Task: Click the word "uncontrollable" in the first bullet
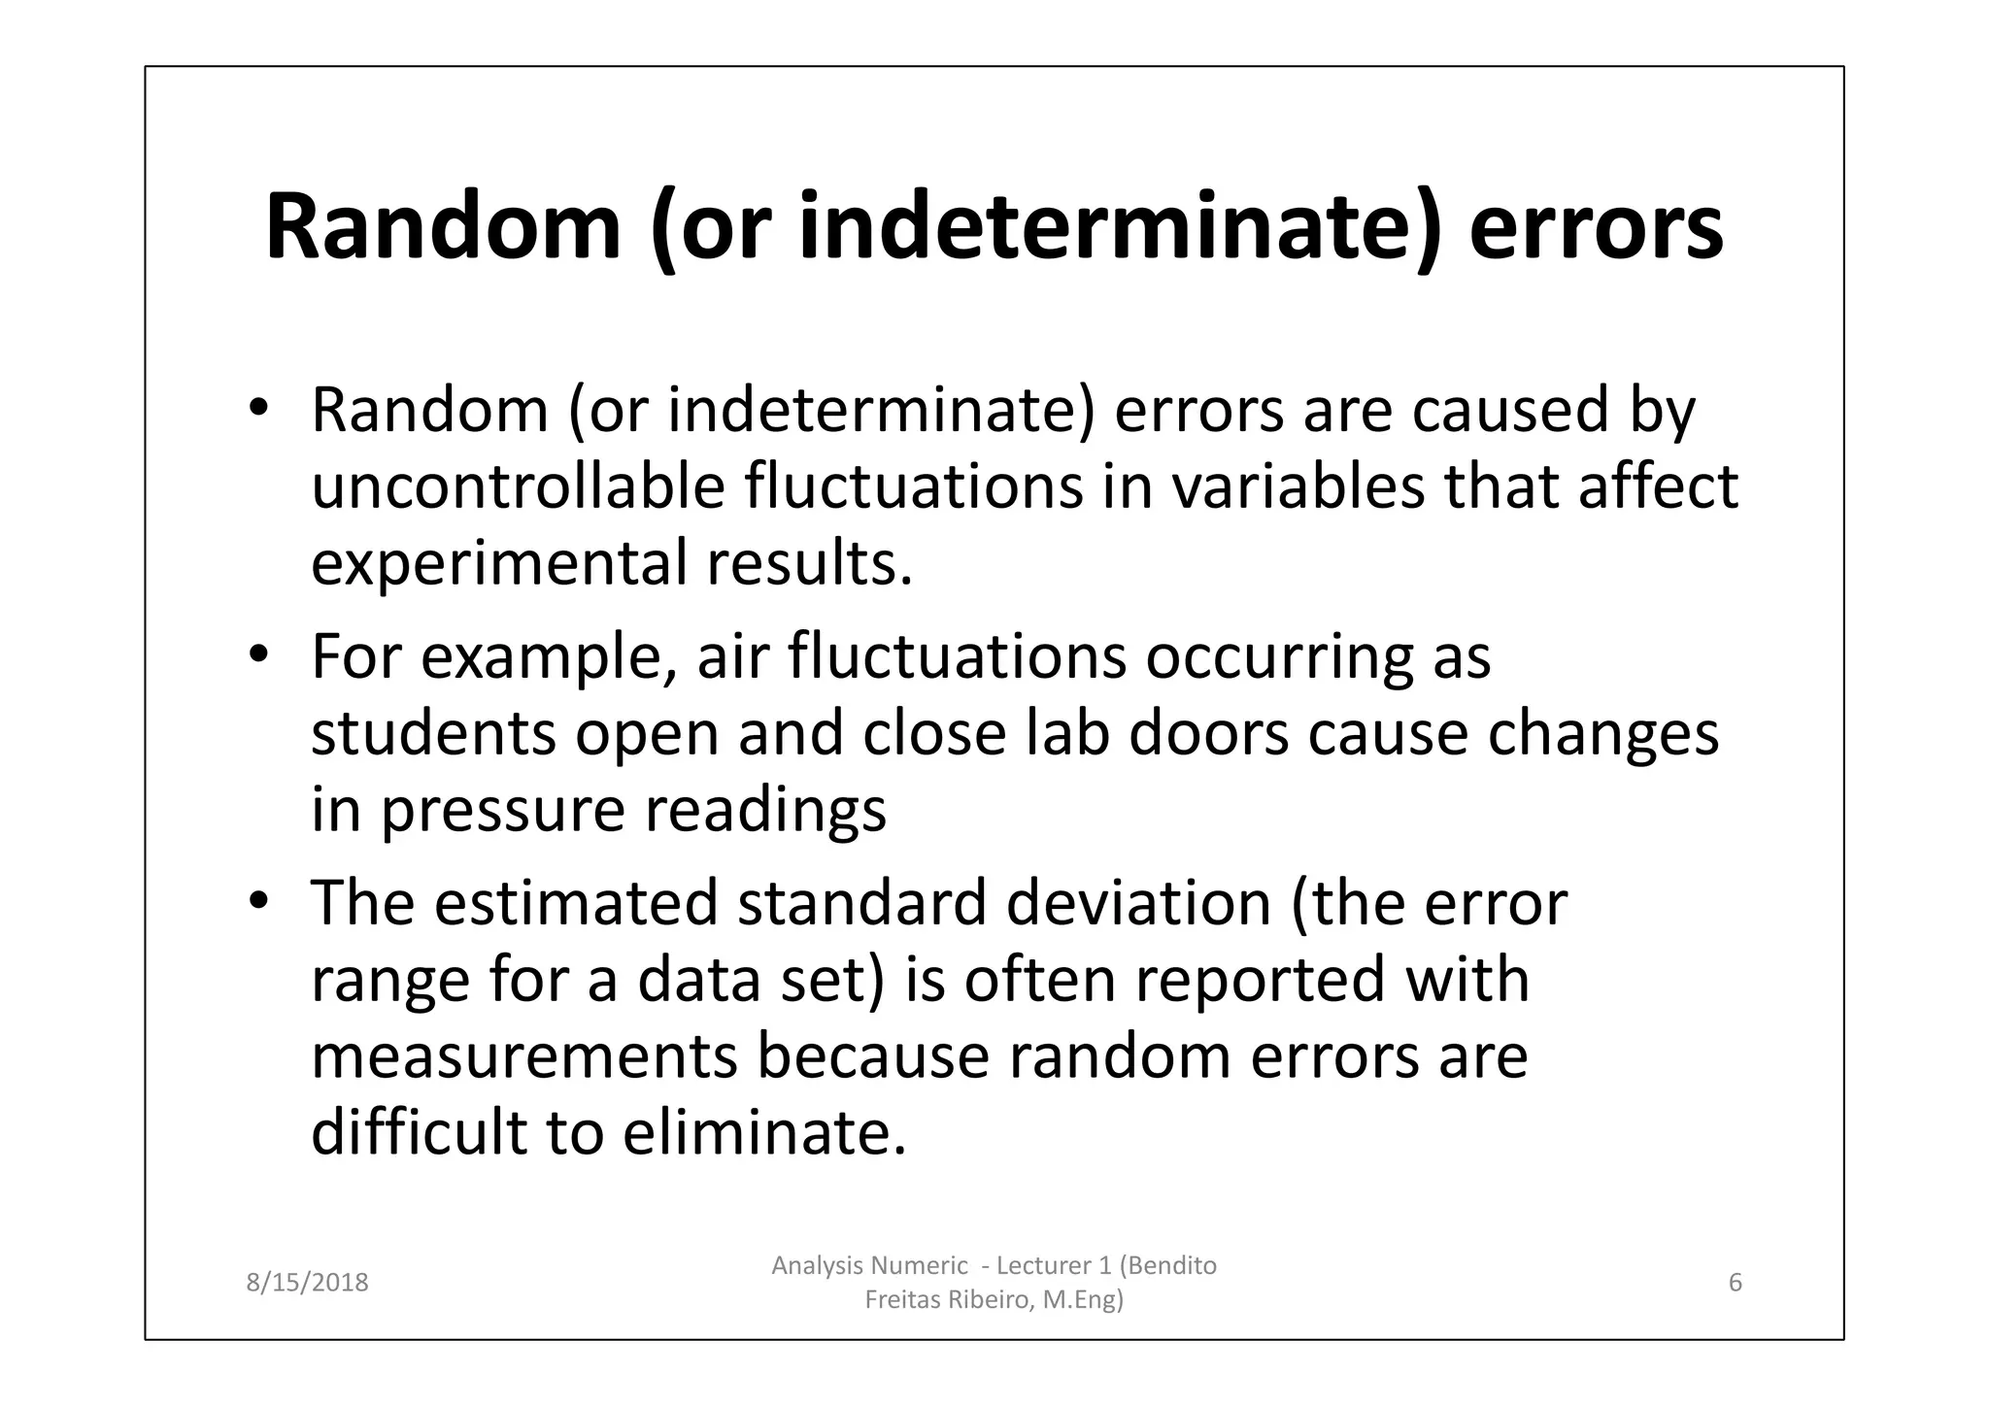click(x=518, y=486)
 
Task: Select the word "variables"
click(x=1298, y=486)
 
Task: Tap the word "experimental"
click(x=498, y=564)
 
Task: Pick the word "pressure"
click(x=502, y=812)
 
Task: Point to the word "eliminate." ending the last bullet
click(x=764, y=1132)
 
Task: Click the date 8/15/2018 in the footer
click(x=307, y=1283)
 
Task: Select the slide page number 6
click(x=1736, y=1283)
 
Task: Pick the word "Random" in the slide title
click(x=443, y=227)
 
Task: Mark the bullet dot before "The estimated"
click(x=257, y=901)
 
